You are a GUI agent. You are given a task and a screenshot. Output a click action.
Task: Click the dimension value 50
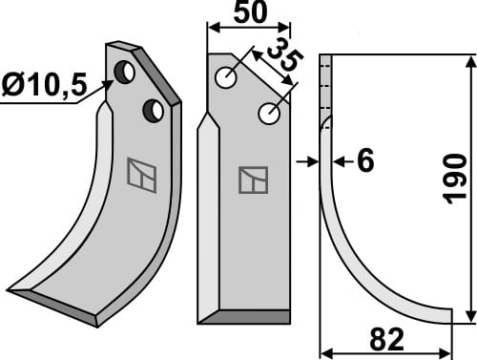[247, 15]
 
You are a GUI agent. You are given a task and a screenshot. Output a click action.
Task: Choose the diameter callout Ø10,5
[43, 87]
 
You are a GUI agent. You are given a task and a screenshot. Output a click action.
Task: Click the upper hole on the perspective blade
[124, 72]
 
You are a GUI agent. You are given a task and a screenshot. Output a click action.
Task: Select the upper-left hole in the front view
[227, 78]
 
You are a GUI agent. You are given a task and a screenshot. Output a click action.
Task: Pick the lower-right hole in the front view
[269, 115]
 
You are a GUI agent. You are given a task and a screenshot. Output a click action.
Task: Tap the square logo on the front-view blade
[253, 180]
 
